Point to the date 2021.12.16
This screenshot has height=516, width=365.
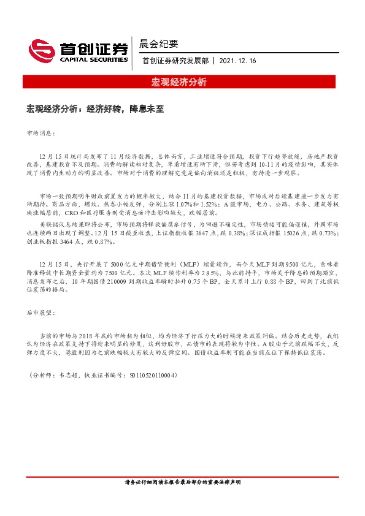tap(238, 61)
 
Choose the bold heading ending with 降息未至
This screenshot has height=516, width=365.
tap(95, 109)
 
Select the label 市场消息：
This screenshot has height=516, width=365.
tap(41, 132)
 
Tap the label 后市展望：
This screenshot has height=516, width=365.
tap(41, 313)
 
